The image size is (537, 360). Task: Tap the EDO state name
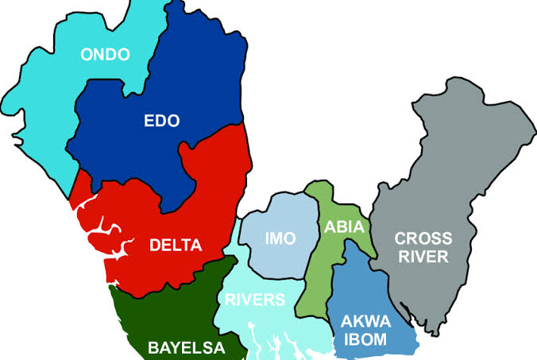(x=161, y=121)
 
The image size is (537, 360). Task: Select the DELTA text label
(x=176, y=245)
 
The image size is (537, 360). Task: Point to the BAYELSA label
(x=186, y=347)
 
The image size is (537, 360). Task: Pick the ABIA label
(x=344, y=226)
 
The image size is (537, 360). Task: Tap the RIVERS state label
(x=253, y=300)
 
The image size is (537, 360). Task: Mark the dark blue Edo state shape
(x=199, y=79)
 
